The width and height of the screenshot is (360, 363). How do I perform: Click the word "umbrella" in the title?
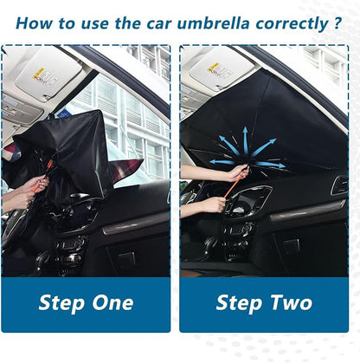tap(213, 23)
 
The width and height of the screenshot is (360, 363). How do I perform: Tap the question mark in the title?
tap(337, 23)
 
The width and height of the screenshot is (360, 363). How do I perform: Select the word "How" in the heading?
tap(34, 23)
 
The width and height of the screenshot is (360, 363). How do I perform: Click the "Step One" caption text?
tap(86, 303)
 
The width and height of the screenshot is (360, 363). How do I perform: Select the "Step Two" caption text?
tap(264, 303)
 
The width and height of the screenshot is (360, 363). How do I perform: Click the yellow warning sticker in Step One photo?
tap(39, 74)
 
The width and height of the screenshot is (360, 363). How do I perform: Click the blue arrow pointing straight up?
tap(245, 140)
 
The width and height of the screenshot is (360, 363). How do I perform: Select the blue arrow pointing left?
tap(222, 162)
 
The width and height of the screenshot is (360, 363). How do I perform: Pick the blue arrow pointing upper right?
tap(263, 147)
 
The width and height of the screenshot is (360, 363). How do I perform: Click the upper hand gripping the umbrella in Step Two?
tap(238, 172)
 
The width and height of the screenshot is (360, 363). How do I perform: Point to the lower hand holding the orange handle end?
tap(215, 204)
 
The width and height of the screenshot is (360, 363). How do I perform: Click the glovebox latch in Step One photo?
tap(127, 257)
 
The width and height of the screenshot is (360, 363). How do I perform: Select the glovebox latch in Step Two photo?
tap(291, 245)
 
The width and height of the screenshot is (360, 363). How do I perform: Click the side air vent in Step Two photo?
tap(339, 185)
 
